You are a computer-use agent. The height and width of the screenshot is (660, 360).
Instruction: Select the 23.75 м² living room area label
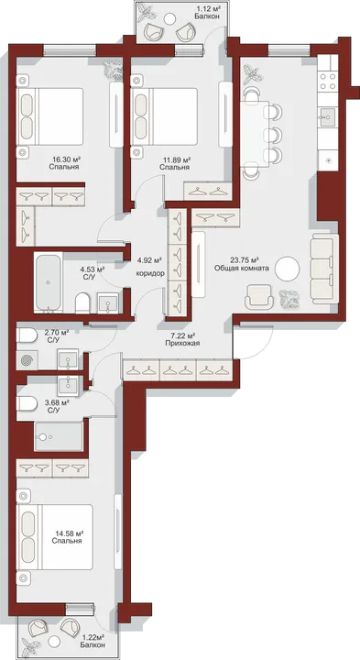pos(242,260)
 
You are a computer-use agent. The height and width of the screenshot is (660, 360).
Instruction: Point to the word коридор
pos(150,273)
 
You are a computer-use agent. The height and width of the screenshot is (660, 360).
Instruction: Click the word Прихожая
pos(182,343)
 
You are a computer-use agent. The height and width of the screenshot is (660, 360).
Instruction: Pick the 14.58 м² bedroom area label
pos(67,533)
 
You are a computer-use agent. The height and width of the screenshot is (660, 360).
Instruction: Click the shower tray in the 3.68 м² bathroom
pos(59,437)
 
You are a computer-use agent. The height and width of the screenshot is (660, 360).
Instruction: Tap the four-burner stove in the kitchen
pos(328,81)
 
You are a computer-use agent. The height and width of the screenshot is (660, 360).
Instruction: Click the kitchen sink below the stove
pos(328,115)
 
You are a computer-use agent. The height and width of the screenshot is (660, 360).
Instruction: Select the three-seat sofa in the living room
pos(324,269)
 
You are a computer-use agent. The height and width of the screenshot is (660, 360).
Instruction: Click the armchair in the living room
pos(258,296)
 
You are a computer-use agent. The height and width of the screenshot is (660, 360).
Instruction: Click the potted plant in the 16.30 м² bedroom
pos(113,69)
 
